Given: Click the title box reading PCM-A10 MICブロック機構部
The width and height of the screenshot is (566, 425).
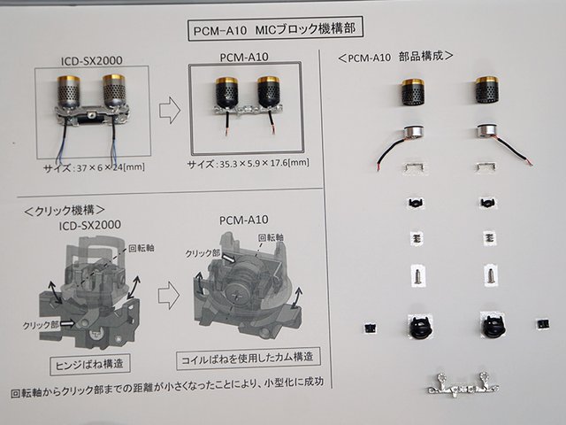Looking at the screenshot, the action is point(275,28).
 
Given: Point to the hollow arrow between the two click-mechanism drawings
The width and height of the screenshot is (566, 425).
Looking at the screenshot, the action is point(169,295).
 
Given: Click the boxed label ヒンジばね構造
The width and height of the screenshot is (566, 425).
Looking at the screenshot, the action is point(90,364).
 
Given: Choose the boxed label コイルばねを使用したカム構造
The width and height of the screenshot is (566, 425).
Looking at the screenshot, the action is point(248,359).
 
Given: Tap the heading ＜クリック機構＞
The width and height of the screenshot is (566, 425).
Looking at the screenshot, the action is point(65,211).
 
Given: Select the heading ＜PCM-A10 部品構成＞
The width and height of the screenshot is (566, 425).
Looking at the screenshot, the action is point(395,57).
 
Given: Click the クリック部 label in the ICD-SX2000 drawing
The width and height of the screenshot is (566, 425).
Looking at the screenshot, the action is point(41,325).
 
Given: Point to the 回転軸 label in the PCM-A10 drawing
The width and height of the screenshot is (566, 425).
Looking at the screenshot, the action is point(271,237).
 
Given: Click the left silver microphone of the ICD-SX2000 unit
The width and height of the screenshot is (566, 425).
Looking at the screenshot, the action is point(69,92).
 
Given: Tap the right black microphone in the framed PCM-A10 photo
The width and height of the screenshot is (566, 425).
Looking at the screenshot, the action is point(268,92).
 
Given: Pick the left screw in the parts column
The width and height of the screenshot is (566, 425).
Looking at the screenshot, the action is point(418,275).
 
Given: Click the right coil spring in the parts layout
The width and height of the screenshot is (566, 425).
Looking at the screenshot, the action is point(490,238).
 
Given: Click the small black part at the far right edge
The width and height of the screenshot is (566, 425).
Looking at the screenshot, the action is point(542,322).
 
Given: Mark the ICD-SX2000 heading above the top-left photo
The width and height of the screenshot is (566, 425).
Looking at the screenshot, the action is point(92,60).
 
